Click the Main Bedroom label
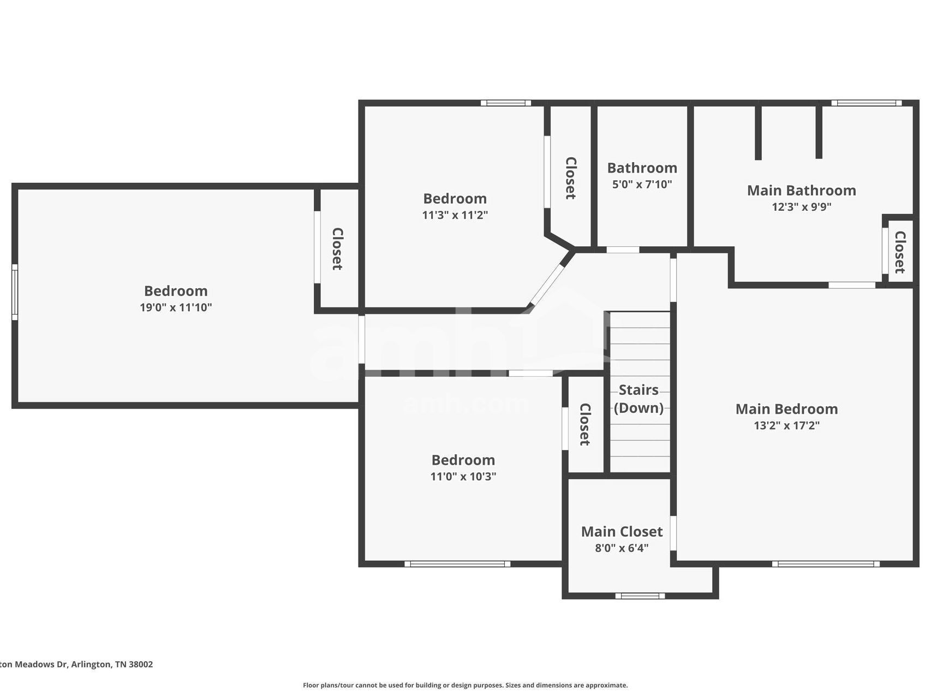pos(786,409)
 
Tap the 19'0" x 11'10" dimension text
pos(176,307)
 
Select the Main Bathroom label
pos(801,191)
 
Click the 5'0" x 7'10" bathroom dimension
pos(642,185)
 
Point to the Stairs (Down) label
pos(638,399)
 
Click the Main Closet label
pos(622,532)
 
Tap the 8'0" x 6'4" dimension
pos(622,548)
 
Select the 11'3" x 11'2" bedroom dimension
pos(455,215)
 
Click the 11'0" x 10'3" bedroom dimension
pos(463,476)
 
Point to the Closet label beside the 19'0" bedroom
pos(338,249)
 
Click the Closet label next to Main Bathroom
pos(900,252)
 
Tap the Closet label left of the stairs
pos(585,424)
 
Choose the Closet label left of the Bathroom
pos(571,179)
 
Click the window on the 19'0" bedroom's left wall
pos(15,292)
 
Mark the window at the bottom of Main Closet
pos(640,596)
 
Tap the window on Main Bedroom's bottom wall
pos(825,564)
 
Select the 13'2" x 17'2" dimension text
pos(786,425)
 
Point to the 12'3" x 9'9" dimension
pos(801,207)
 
